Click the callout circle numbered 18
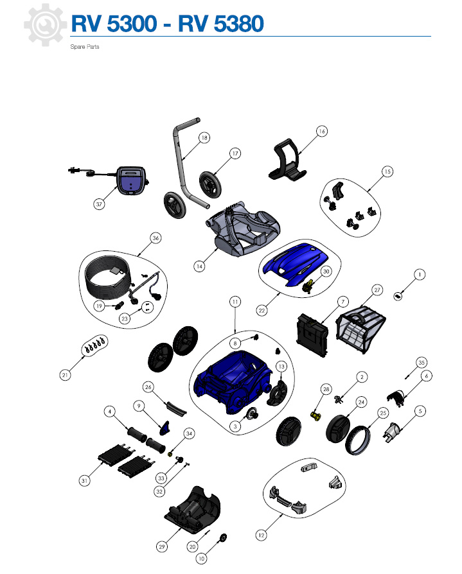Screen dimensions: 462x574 [x=204, y=137]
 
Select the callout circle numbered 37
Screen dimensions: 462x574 [x=99, y=204]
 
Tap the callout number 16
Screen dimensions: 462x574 [x=322, y=131]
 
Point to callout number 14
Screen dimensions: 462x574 [x=199, y=266]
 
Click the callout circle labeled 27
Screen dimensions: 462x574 [x=377, y=290]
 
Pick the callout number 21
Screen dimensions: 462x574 [x=65, y=375]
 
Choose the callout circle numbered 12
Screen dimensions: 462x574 [x=261, y=535]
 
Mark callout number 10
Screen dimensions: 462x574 [x=201, y=558]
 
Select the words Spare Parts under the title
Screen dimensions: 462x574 [x=85, y=47]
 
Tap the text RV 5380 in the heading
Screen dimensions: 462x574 [x=221, y=23]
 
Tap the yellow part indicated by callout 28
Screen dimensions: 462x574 [x=315, y=416]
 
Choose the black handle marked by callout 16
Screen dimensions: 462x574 [x=288, y=159]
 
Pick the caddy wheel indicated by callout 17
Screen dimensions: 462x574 [x=210, y=185]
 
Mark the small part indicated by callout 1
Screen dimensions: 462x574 [x=398, y=296]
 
